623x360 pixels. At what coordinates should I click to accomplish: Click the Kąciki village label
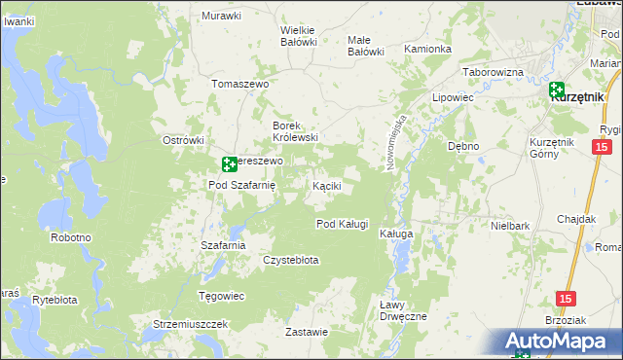click(326, 185)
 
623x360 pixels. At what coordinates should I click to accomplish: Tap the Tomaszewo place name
click(238, 84)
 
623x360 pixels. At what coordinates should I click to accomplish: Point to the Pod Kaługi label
click(343, 224)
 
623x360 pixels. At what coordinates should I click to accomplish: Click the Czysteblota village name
click(291, 260)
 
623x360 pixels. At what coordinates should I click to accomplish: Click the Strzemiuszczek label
click(190, 323)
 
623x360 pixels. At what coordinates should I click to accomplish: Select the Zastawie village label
click(307, 332)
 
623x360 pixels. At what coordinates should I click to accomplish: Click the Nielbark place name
click(510, 226)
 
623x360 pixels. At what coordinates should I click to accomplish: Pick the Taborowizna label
click(493, 73)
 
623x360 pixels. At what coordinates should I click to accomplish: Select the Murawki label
click(221, 16)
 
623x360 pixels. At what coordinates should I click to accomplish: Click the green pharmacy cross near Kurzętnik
click(556, 90)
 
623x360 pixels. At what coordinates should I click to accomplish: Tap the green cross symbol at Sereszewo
click(228, 164)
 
